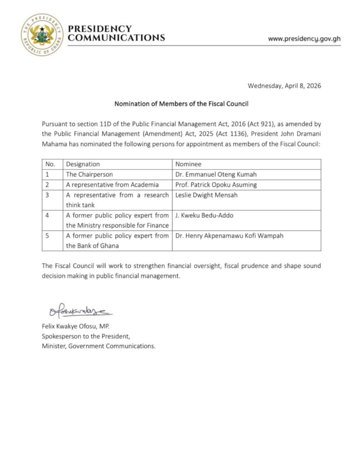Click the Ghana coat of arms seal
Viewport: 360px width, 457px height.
[x=42, y=34]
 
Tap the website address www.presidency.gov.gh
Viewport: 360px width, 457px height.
[x=304, y=38]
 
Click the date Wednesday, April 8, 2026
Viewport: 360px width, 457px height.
[x=284, y=86]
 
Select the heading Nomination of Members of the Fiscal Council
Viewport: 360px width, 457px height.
[x=181, y=104]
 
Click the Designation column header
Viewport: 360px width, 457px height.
[x=83, y=164]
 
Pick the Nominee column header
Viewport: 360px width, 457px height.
[x=188, y=164]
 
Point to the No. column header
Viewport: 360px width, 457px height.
[x=50, y=164]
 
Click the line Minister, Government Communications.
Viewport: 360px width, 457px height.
[x=99, y=346]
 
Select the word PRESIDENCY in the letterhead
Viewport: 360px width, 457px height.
[x=100, y=29]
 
